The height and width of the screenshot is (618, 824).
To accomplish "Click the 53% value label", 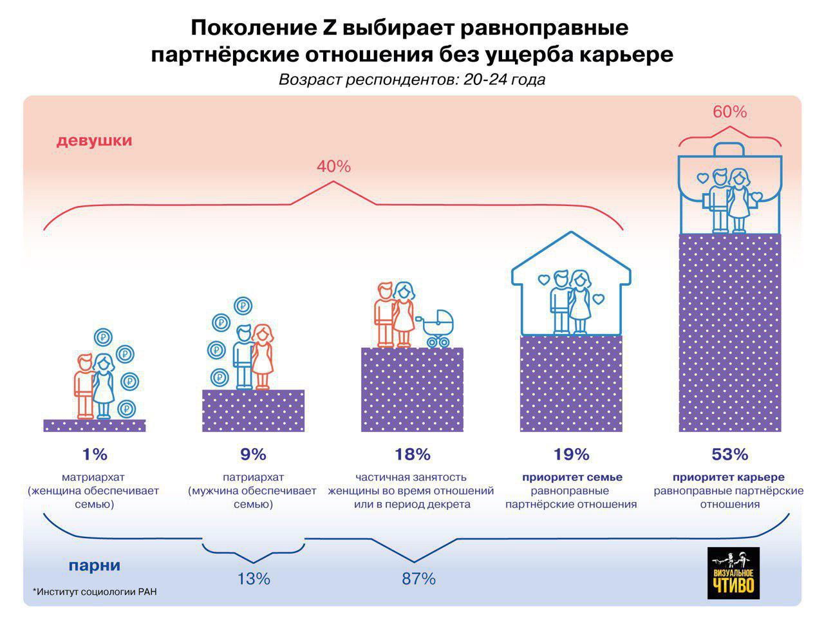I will [x=729, y=454].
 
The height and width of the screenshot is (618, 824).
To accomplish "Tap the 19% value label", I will [x=571, y=454].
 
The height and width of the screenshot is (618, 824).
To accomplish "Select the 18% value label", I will [x=412, y=454].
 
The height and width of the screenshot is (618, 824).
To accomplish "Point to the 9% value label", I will [x=253, y=454].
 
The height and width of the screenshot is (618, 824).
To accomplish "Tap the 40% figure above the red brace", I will [x=333, y=167].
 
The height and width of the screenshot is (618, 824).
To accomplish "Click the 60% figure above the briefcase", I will [x=729, y=112].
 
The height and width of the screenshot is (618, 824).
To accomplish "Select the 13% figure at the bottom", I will [x=253, y=579].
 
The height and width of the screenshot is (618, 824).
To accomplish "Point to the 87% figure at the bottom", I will [x=418, y=579].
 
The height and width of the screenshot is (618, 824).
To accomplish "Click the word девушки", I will [x=94, y=140].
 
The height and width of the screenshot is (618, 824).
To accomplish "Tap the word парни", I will [x=94, y=566].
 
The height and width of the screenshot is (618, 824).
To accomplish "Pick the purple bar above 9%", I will [x=253, y=410].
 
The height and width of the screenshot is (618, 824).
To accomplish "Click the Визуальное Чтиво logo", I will [x=733, y=574].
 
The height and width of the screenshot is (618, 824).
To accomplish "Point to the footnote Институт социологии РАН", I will [x=96, y=592].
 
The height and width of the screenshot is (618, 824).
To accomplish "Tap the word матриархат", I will [x=94, y=478].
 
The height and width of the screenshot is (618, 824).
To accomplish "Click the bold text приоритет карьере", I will [x=729, y=478].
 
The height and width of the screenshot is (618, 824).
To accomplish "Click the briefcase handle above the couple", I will [x=729, y=149].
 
